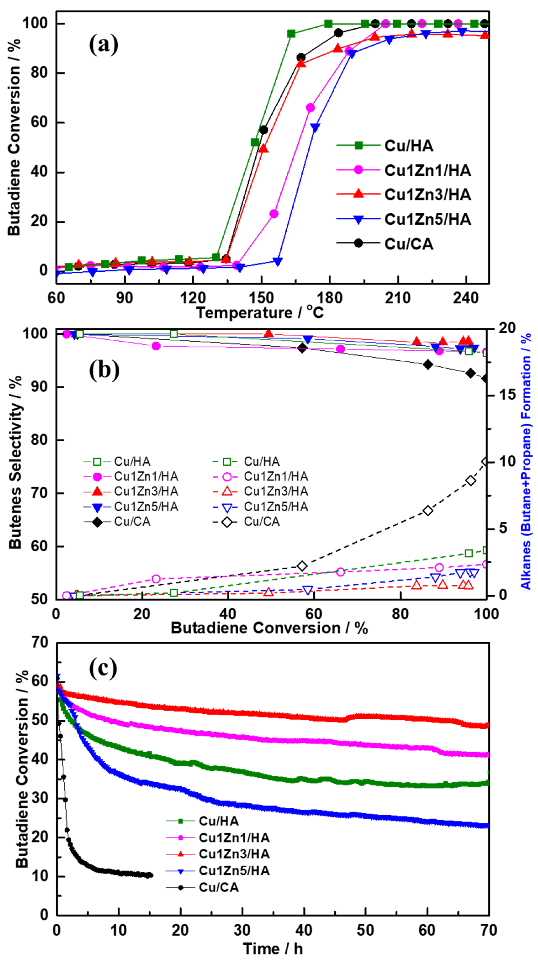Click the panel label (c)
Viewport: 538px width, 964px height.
(x=103, y=668)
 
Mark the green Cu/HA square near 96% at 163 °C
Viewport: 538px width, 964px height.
(x=291, y=34)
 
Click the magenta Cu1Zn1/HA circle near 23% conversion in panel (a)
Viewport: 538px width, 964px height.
(x=274, y=214)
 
